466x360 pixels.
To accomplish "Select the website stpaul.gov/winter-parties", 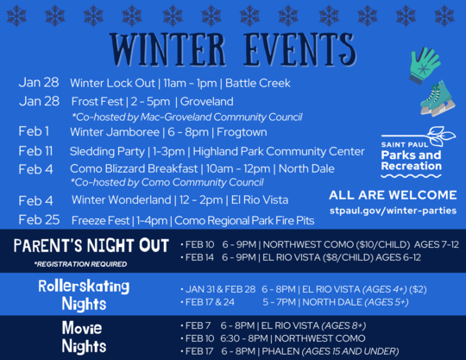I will (393, 211).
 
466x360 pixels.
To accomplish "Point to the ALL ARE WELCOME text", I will (393, 194).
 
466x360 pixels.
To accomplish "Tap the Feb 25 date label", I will (39, 219).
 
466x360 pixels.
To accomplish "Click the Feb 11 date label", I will (35, 150).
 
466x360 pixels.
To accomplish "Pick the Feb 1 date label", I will (34, 131).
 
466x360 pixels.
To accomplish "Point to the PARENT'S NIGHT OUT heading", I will (91, 246).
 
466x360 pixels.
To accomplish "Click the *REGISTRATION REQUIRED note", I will (80, 263).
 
